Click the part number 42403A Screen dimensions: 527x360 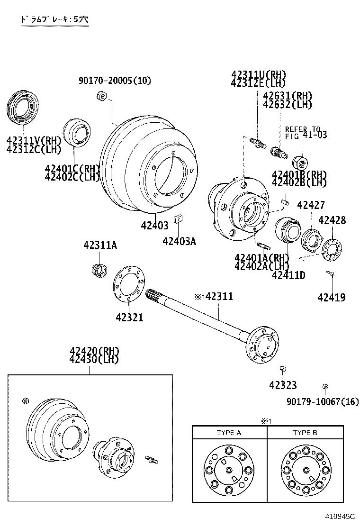pos(179,241)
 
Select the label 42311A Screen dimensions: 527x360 pos(100,245)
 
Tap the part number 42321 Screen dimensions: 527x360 pos(129,318)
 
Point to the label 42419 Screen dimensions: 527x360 pos(331,298)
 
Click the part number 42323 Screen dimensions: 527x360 pos(283,385)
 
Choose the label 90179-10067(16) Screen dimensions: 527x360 pos(322,402)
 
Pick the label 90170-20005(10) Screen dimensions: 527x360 pos(115,81)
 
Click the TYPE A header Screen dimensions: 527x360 pos(229,433)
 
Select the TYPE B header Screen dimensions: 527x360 pos(305,433)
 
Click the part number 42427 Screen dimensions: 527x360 pos(311,205)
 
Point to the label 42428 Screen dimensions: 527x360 pos(332,220)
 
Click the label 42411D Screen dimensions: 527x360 pos(288,275)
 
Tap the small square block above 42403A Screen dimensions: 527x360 pos(179,218)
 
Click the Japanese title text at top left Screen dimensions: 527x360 pos(54,20)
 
